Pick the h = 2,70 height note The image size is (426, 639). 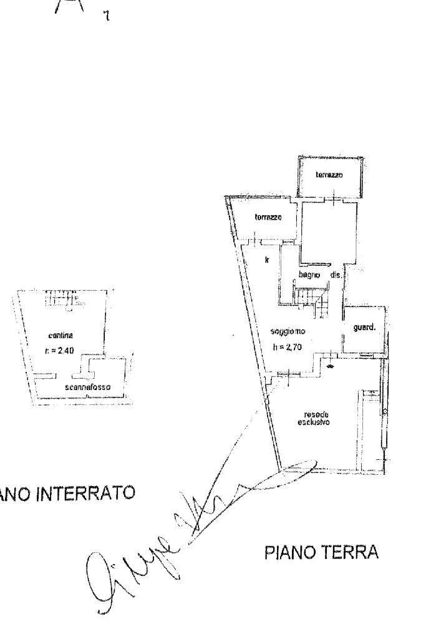click(x=287, y=347)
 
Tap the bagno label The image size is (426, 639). click(x=309, y=275)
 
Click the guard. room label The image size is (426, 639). click(x=364, y=325)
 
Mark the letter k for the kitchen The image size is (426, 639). click(x=266, y=259)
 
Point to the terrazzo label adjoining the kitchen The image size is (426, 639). click(x=268, y=218)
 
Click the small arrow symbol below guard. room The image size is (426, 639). click(x=329, y=366)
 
